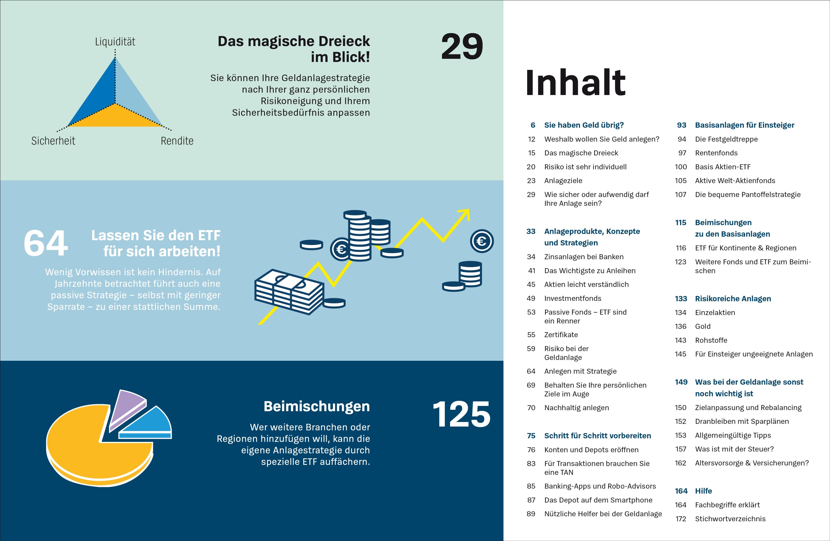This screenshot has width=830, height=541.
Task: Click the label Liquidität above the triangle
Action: [115, 42]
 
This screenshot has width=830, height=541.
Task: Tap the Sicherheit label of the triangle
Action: [53, 141]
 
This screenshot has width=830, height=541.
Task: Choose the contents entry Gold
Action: [702, 326]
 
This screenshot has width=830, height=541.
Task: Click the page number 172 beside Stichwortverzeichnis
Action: [681, 519]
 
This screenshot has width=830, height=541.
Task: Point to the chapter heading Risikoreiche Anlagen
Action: [733, 299]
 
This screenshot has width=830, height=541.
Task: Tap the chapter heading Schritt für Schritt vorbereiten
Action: [597, 436]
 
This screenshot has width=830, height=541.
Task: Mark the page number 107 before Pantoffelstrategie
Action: [680, 195]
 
